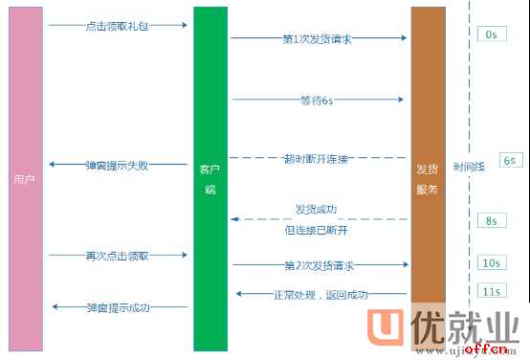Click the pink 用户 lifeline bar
pyautogui.click(x=25, y=179)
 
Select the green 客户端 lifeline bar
pyautogui.click(x=210, y=179)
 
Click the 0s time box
pyautogui.click(x=490, y=34)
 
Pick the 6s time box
pyautogui.click(x=509, y=161)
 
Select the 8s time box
pyautogui.click(x=491, y=220)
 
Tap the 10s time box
pyautogui.click(x=491, y=262)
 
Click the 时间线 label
pyautogui.click(x=469, y=166)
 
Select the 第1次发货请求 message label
pyautogui.click(x=318, y=39)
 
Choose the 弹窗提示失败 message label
pyautogui.click(x=116, y=165)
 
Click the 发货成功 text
pyautogui.click(x=316, y=209)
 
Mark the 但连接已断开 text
pyautogui.click(x=316, y=230)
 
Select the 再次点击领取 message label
pyautogui.click(x=116, y=256)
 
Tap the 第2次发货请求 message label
pyautogui.click(x=319, y=263)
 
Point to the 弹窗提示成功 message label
pyautogui.click(x=117, y=306)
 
